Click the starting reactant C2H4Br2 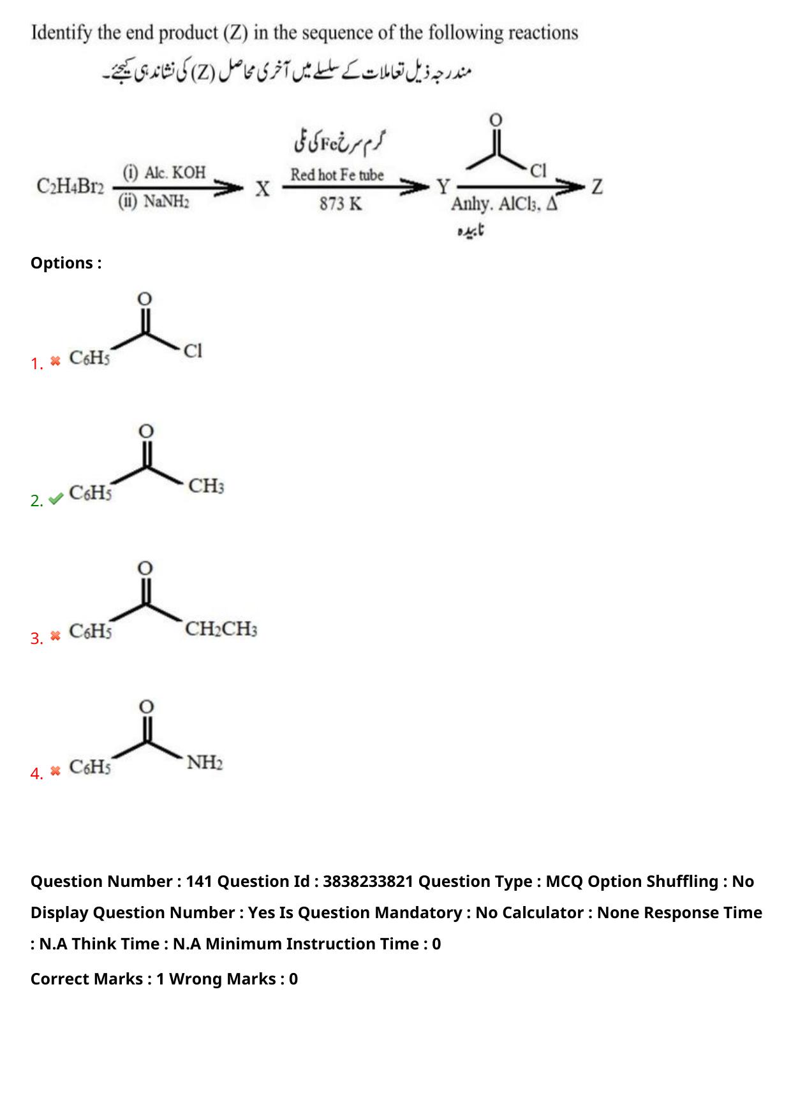click(70, 187)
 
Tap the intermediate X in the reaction click(262, 189)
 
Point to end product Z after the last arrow click(597, 187)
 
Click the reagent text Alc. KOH click(165, 172)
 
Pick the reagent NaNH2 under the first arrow click(154, 202)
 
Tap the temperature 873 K click(341, 204)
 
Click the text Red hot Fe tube click(337, 174)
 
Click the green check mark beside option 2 click(55, 499)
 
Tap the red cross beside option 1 click(55, 361)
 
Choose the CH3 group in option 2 click(206, 486)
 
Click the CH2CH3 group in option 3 click(221, 629)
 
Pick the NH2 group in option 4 click(205, 763)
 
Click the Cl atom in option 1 click(193, 351)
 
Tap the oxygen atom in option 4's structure click(147, 706)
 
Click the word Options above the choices click(62, 263)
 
